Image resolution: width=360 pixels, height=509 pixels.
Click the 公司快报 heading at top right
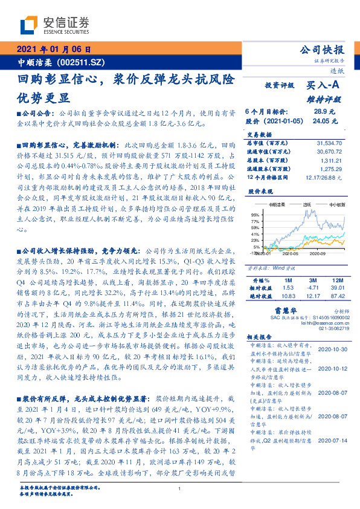[x=322, y=50]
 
